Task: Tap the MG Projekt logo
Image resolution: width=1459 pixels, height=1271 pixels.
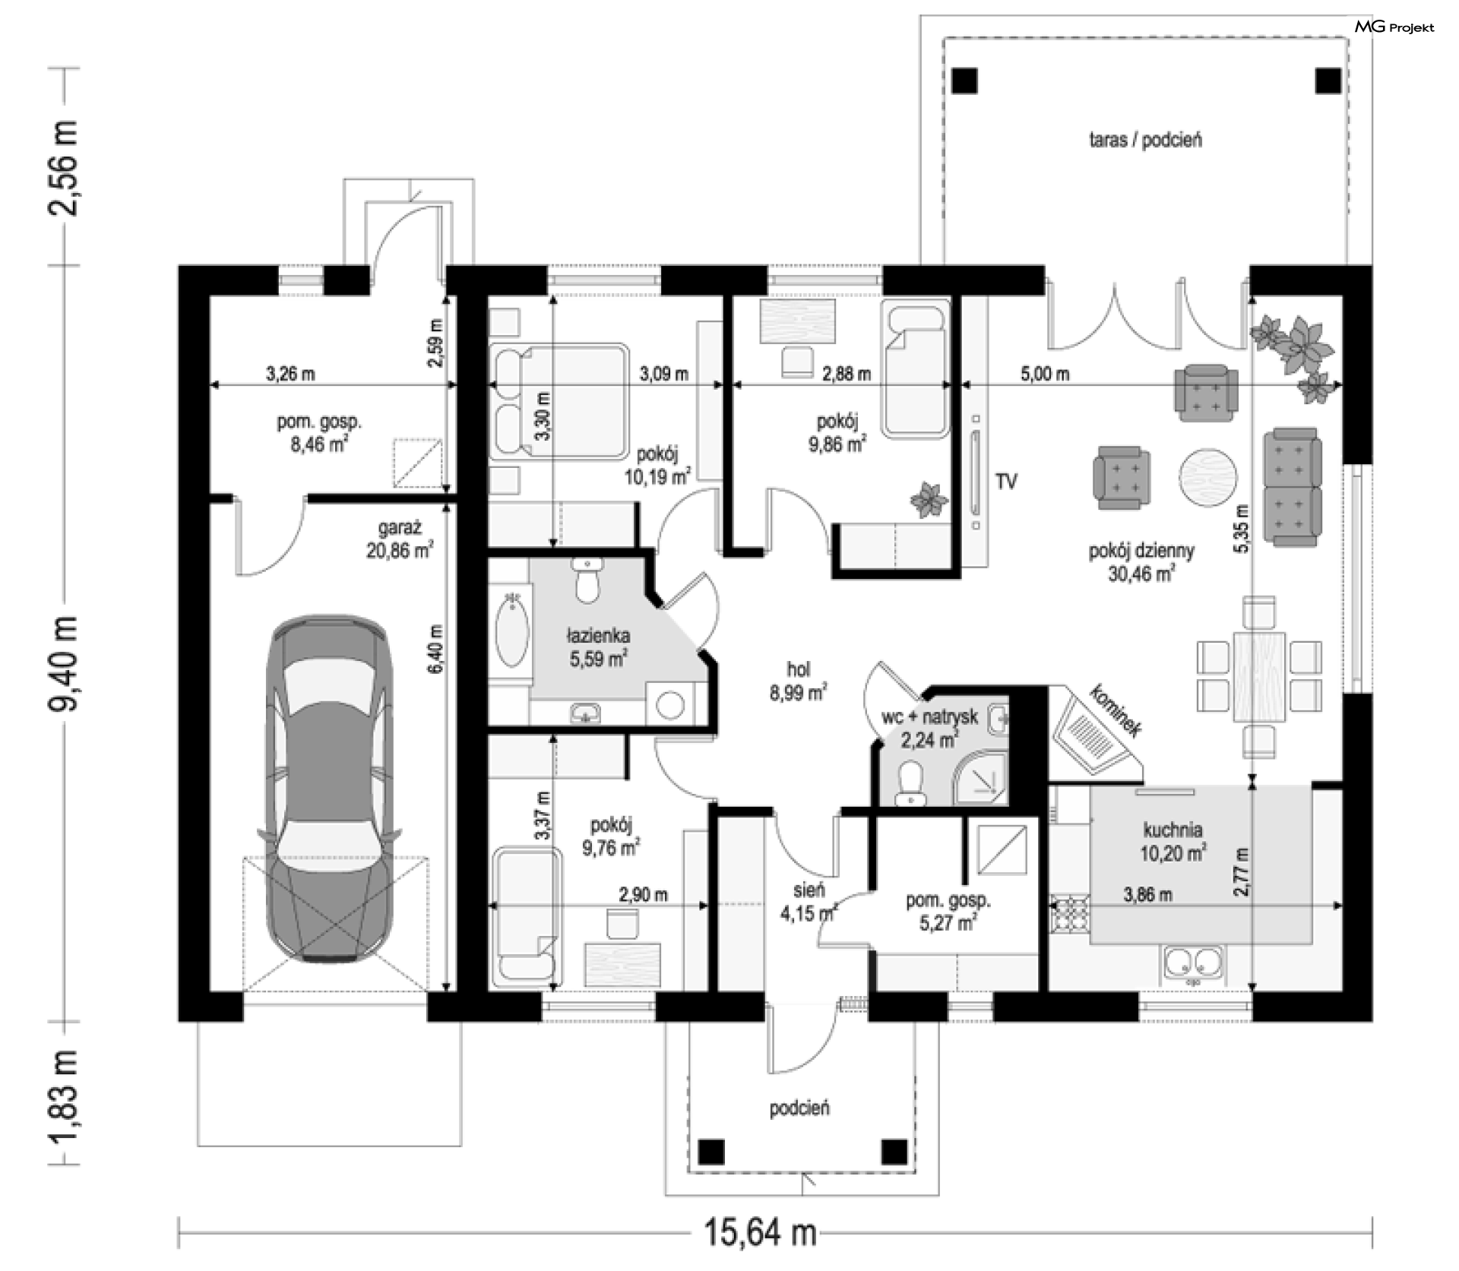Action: click(1394, 27)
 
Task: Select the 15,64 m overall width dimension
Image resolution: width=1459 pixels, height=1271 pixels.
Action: click(760, 1232)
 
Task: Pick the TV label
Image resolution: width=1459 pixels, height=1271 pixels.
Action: click(1006, 481)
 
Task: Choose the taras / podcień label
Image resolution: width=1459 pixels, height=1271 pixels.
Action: click(1145, 140)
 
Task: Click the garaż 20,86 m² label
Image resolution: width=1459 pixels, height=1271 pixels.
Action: click(400, 539)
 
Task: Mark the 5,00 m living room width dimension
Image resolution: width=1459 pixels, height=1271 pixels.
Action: click(1045, 374)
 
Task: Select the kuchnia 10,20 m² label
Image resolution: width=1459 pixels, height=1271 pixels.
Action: click(1173, 841)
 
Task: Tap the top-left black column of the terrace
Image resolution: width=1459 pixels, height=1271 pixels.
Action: click(965, 81)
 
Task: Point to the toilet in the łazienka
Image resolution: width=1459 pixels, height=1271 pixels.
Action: click(586, 581)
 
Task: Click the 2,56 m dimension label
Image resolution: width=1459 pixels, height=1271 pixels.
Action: click(63, 167)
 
